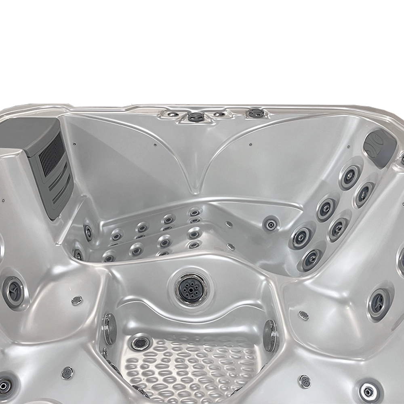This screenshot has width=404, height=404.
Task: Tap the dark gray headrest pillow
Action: (x=380, y=147)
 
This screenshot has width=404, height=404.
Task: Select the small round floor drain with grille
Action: (x=140, y=343)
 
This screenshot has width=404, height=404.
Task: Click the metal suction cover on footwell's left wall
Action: (x=109, y=328)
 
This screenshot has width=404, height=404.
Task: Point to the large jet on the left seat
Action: (x=13, y=292)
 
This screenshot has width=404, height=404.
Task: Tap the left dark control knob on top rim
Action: (x=196, y=117)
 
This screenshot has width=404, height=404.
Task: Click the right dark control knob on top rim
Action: (x=255, y=113)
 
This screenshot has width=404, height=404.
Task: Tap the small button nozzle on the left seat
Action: (x=77, y=300)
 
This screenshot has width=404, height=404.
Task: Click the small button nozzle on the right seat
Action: (x=303, y=315)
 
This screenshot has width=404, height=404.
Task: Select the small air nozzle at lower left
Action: (x=67, y=372)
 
